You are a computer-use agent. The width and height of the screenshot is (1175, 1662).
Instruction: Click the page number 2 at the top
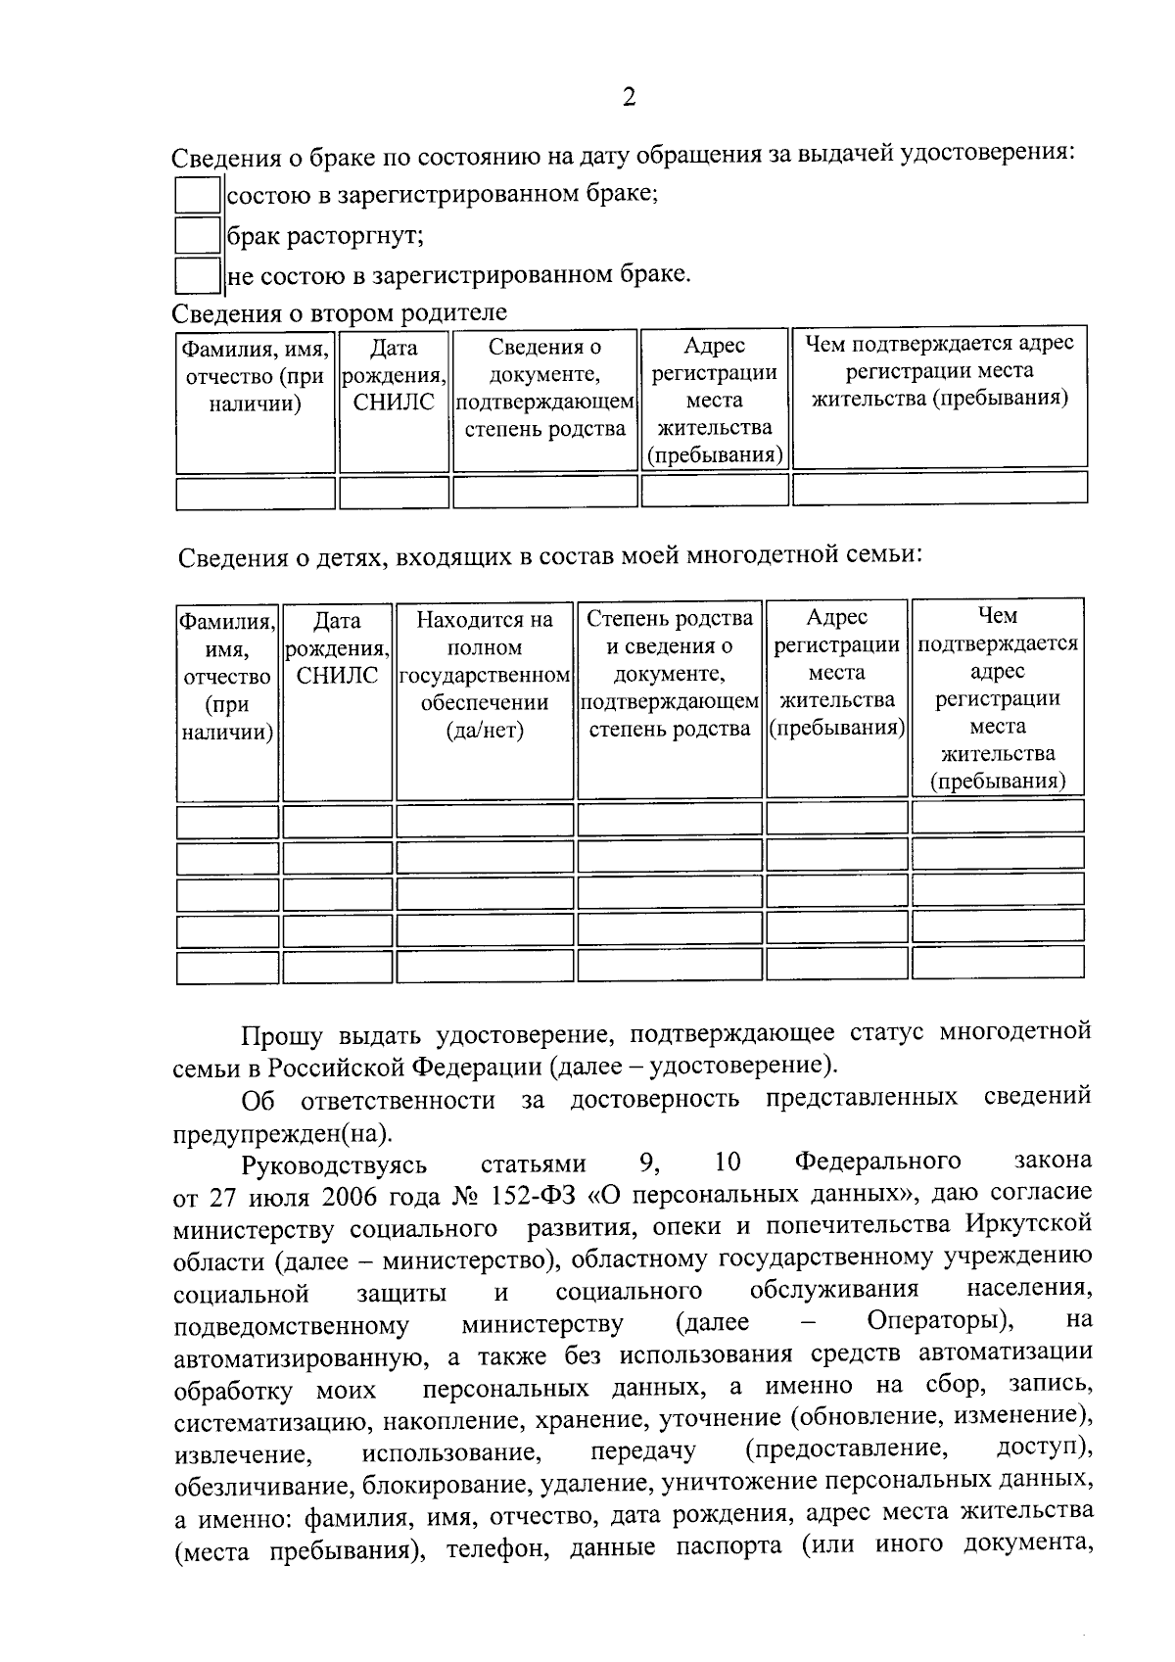point(629,97)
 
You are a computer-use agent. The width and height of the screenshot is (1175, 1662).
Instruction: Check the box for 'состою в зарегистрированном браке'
point(197,194)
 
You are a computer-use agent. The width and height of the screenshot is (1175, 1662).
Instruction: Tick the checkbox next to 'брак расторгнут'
point(197,235)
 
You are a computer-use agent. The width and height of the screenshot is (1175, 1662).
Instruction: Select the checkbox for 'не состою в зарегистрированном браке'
point(197,275)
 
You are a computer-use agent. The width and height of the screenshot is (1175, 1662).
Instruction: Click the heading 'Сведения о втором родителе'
point(340,312)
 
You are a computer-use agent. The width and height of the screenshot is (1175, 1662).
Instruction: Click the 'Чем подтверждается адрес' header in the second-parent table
point(939,370)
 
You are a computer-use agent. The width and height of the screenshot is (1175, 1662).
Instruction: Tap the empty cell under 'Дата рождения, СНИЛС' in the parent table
point(394,492)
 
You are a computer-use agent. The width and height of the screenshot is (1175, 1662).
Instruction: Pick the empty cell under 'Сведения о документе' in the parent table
point(544,492)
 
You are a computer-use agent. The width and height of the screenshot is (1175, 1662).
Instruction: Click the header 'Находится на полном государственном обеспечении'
point(485,675)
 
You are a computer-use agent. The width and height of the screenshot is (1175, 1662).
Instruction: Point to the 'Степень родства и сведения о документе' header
point(670,673)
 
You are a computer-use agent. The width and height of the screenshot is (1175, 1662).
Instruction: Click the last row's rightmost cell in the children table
point(997,963)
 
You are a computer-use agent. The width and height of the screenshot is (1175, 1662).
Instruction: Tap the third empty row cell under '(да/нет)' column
point(485,893)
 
